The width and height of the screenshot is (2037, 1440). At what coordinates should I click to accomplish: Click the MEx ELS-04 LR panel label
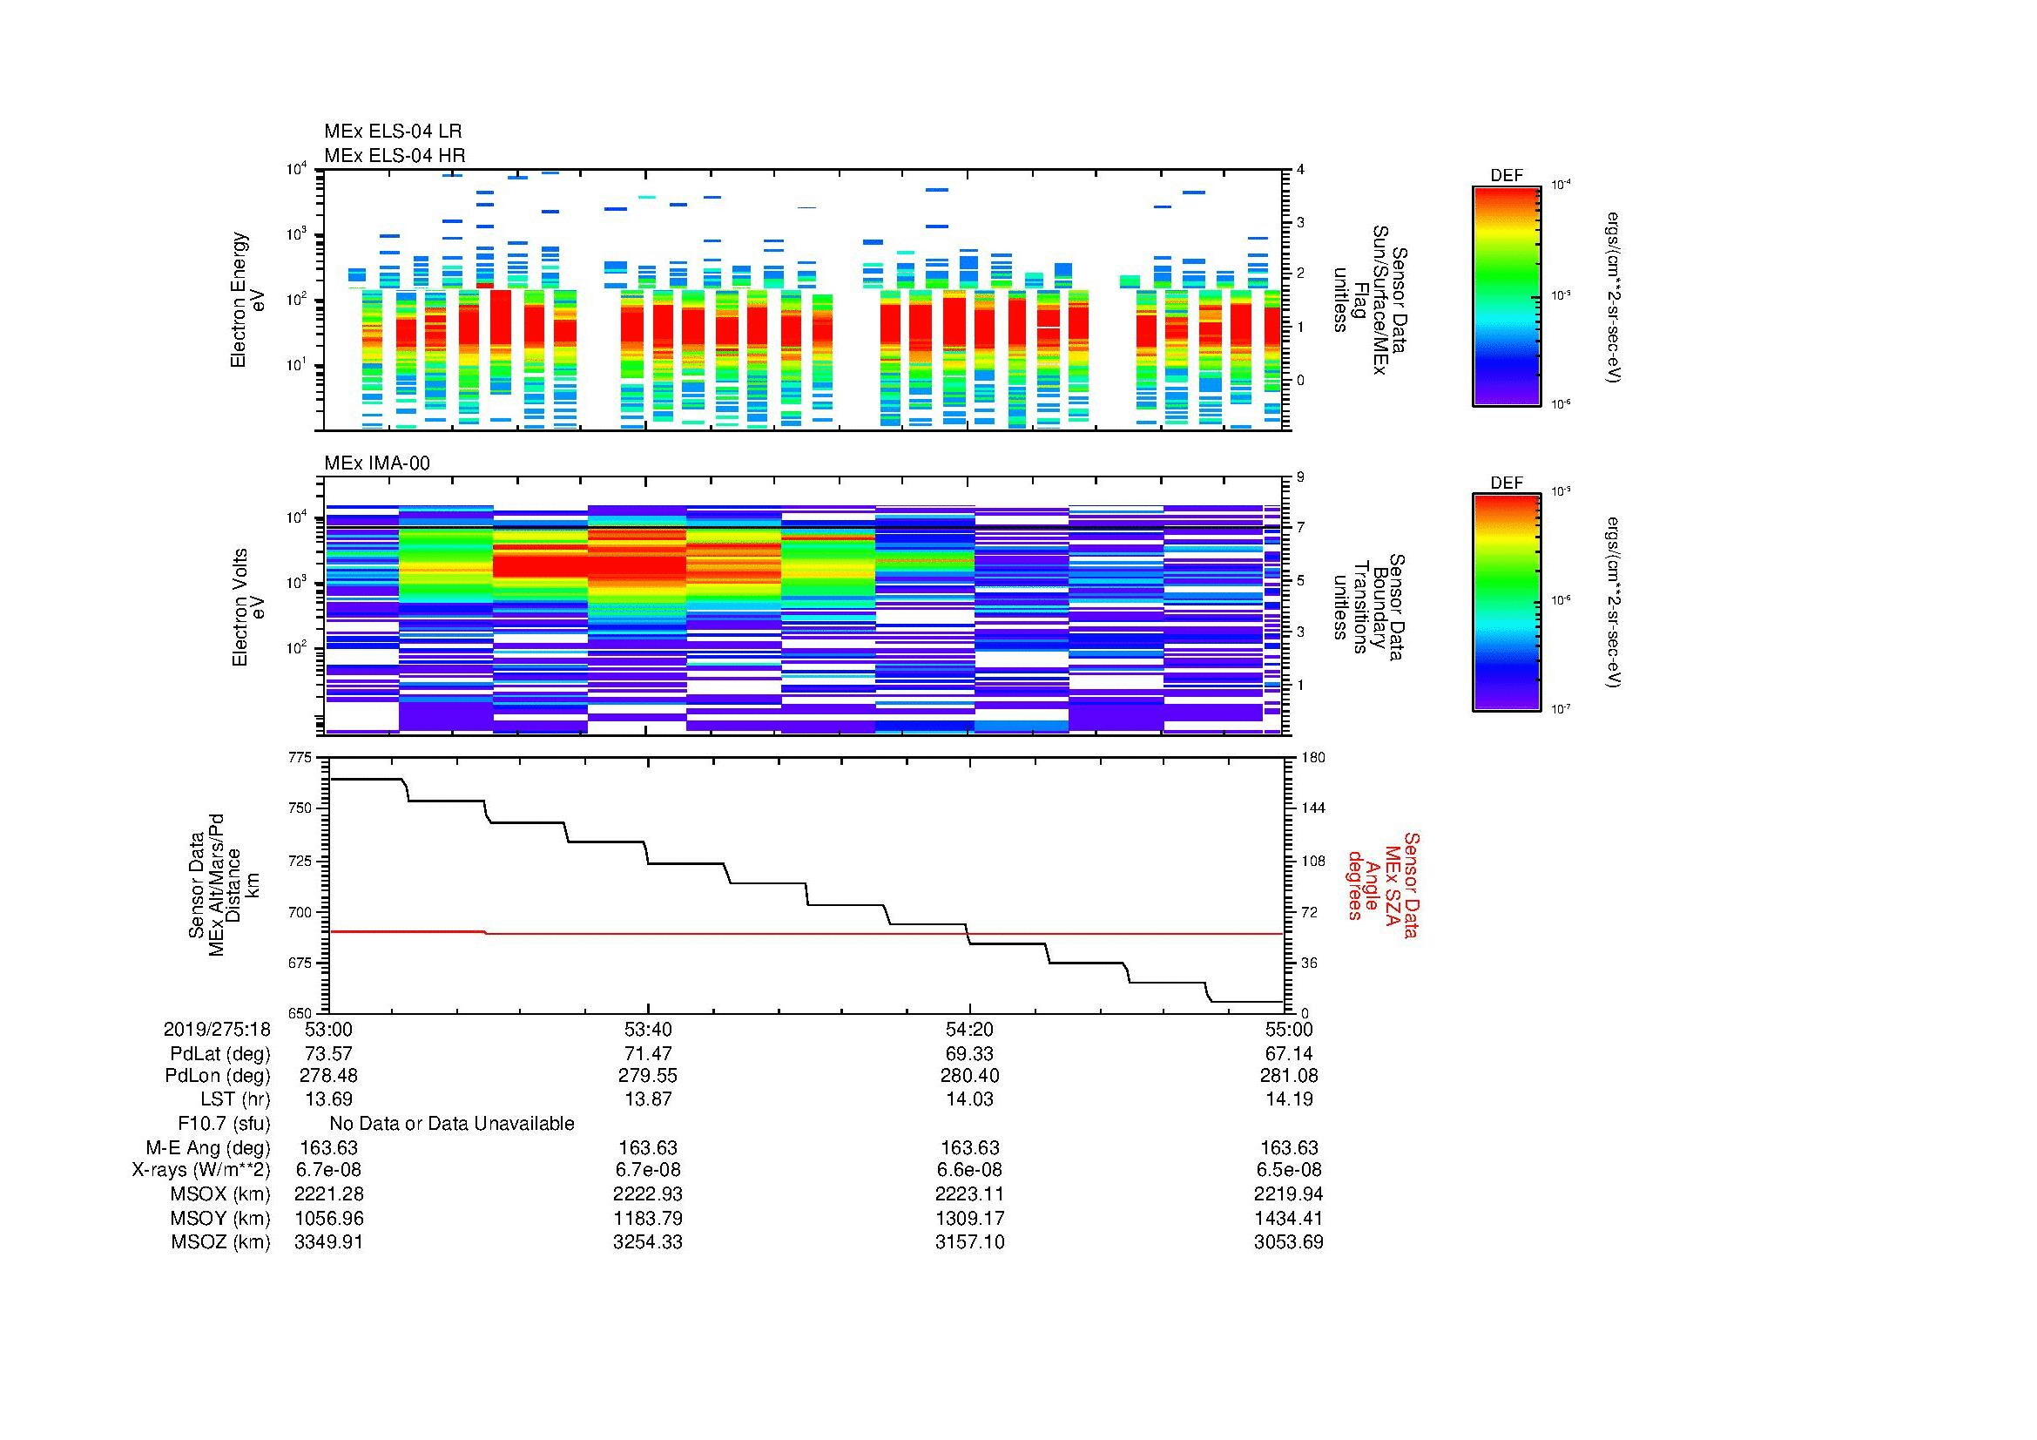(x=392, y=132)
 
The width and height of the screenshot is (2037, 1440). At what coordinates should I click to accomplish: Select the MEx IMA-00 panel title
(x=376, y=463)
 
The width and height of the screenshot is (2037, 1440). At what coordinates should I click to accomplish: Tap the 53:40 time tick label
(x=648, y=1029)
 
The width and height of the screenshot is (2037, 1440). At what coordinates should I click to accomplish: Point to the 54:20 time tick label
(x=969, y=1029)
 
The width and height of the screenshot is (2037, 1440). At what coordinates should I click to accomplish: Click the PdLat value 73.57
(x=328, y=1054)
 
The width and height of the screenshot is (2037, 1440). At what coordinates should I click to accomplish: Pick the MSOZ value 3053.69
(x=1288, y=1242)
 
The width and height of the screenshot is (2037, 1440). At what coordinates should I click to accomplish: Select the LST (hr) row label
(x=235, y=1099)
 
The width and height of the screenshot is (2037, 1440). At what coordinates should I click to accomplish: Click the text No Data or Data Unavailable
(x=452, y=1124)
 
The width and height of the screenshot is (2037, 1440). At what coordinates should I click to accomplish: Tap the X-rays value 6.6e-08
(x=969, y=1170)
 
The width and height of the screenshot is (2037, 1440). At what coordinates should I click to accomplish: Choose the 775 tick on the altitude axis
(x=300, y=758)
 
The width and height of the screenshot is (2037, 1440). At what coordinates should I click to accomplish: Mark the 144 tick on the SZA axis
(x=1312, y=808)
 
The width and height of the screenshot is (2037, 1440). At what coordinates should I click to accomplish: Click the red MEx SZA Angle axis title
(x=1382, y=885)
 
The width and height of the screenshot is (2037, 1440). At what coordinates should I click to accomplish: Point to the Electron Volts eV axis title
(x=248, y=607)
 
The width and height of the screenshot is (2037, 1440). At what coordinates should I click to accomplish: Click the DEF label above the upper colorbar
(x=1506, y=176)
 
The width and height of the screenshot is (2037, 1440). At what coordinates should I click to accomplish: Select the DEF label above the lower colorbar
(x=1506, y=483)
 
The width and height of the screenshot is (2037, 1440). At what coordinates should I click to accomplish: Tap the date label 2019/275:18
(x=217, y=1029)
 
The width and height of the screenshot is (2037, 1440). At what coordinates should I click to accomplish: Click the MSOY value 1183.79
(x=648, y=1218)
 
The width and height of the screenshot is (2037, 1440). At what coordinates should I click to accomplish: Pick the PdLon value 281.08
(x=1288, y=1076)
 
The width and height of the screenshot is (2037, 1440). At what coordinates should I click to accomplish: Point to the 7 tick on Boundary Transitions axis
(x=1300, y=527)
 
